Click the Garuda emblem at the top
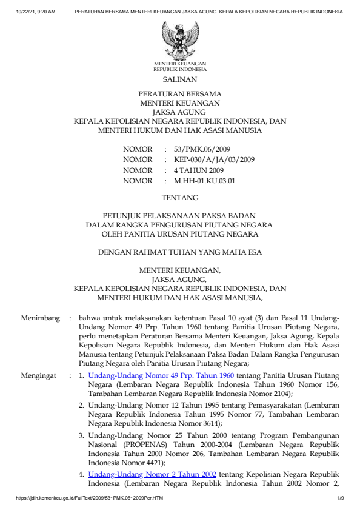[179, 39]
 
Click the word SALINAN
[179, 79]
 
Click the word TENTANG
[179, 197]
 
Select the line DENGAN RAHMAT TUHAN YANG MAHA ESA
[179, 252]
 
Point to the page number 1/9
[341, 498]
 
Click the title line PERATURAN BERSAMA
[179, 95]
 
